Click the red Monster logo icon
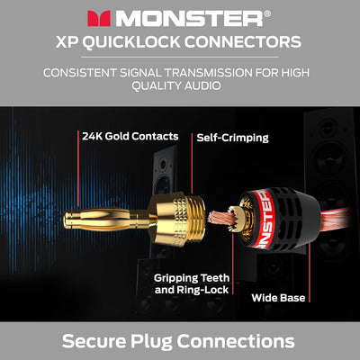tap(99, 19)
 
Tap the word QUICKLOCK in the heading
tap(131, 41)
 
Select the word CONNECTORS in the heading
tap(243, 41)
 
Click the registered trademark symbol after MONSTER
tap(267, 13)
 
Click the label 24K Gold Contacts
tap(130, 136)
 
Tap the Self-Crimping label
tap(232, 138)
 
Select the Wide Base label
tap(278, 298)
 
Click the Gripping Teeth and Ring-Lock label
tap(192, 283)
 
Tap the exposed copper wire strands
tap(219, 221)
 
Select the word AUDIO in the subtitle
tap(202, 85)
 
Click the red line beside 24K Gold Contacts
tap(78, 169)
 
